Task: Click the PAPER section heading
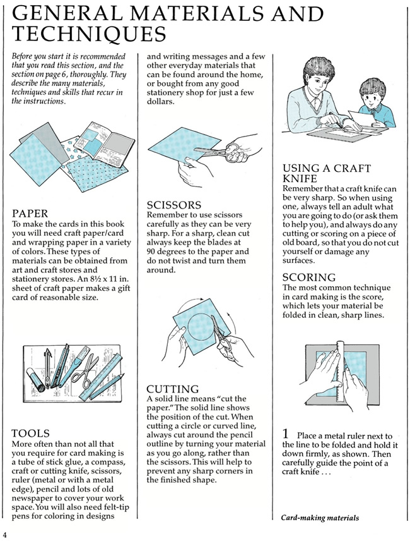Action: pos(30,214)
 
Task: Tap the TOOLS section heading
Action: pos(31,434)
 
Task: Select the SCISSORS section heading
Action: pos(174,205)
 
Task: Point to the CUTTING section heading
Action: pos(172,389)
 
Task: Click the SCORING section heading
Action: pos(309,277)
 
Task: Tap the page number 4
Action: pos(5,535)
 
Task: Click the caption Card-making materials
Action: pos(320,518)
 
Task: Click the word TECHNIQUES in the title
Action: pos(89,33)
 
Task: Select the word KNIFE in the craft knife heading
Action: pos(300,178)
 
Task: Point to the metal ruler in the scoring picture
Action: pos(339,372)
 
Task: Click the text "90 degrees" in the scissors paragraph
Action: pos(168,252)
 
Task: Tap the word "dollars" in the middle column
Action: pos(160,102)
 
